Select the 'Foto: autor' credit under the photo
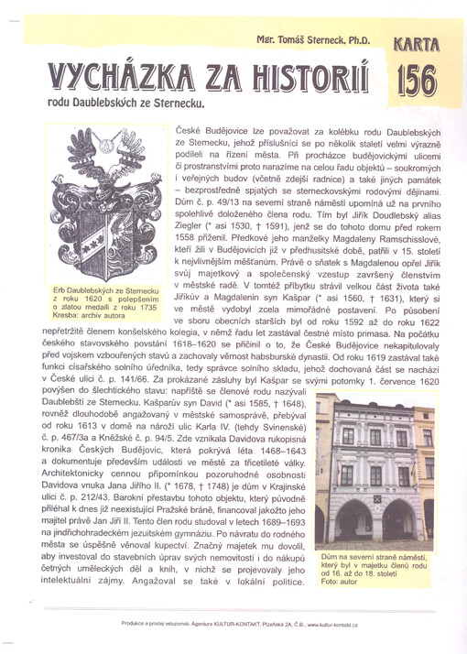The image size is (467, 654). (340, 581)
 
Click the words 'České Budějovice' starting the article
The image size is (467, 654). (207, 134)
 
